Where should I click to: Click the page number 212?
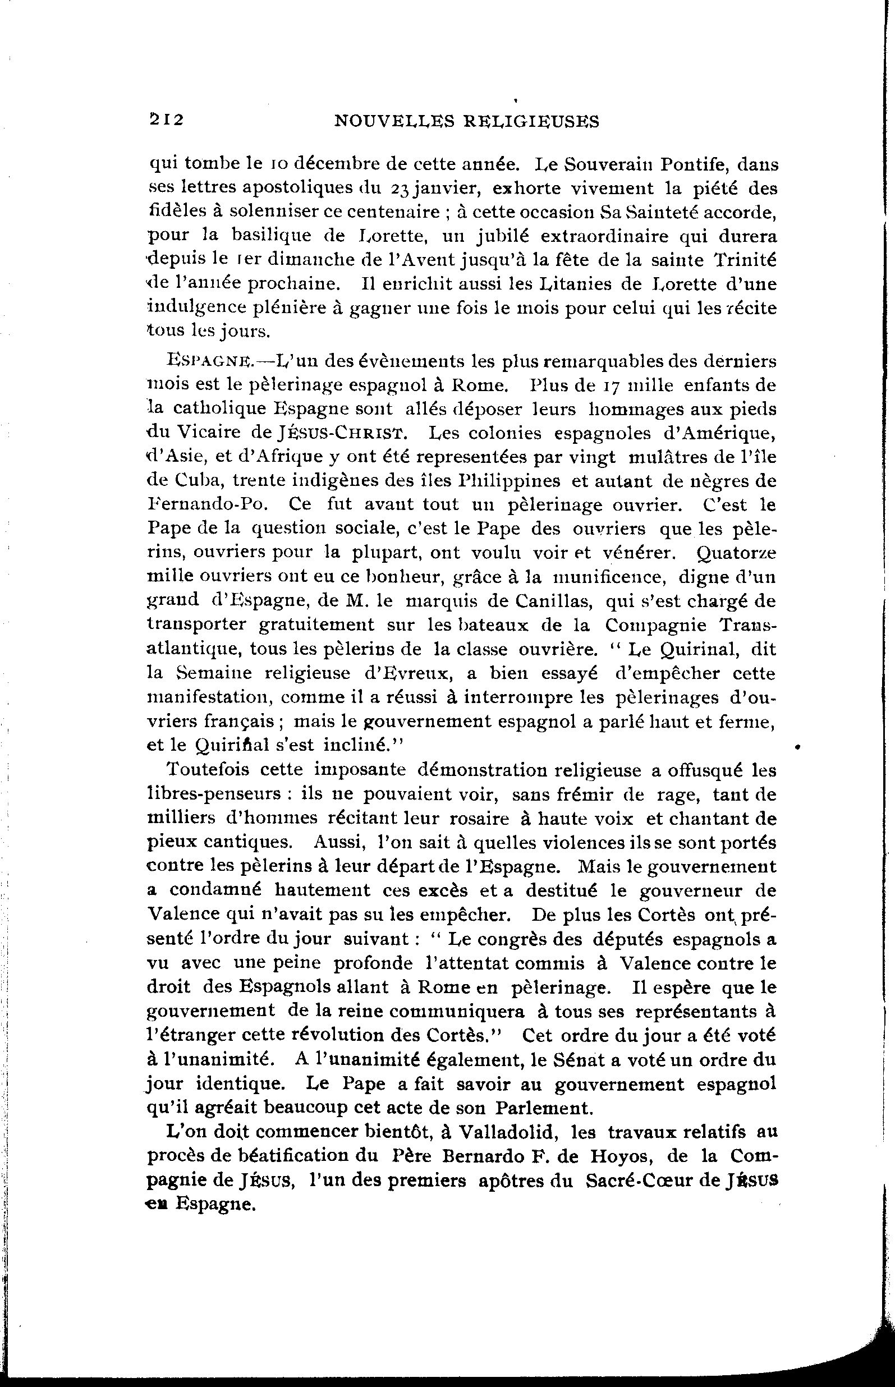point(167,120)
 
